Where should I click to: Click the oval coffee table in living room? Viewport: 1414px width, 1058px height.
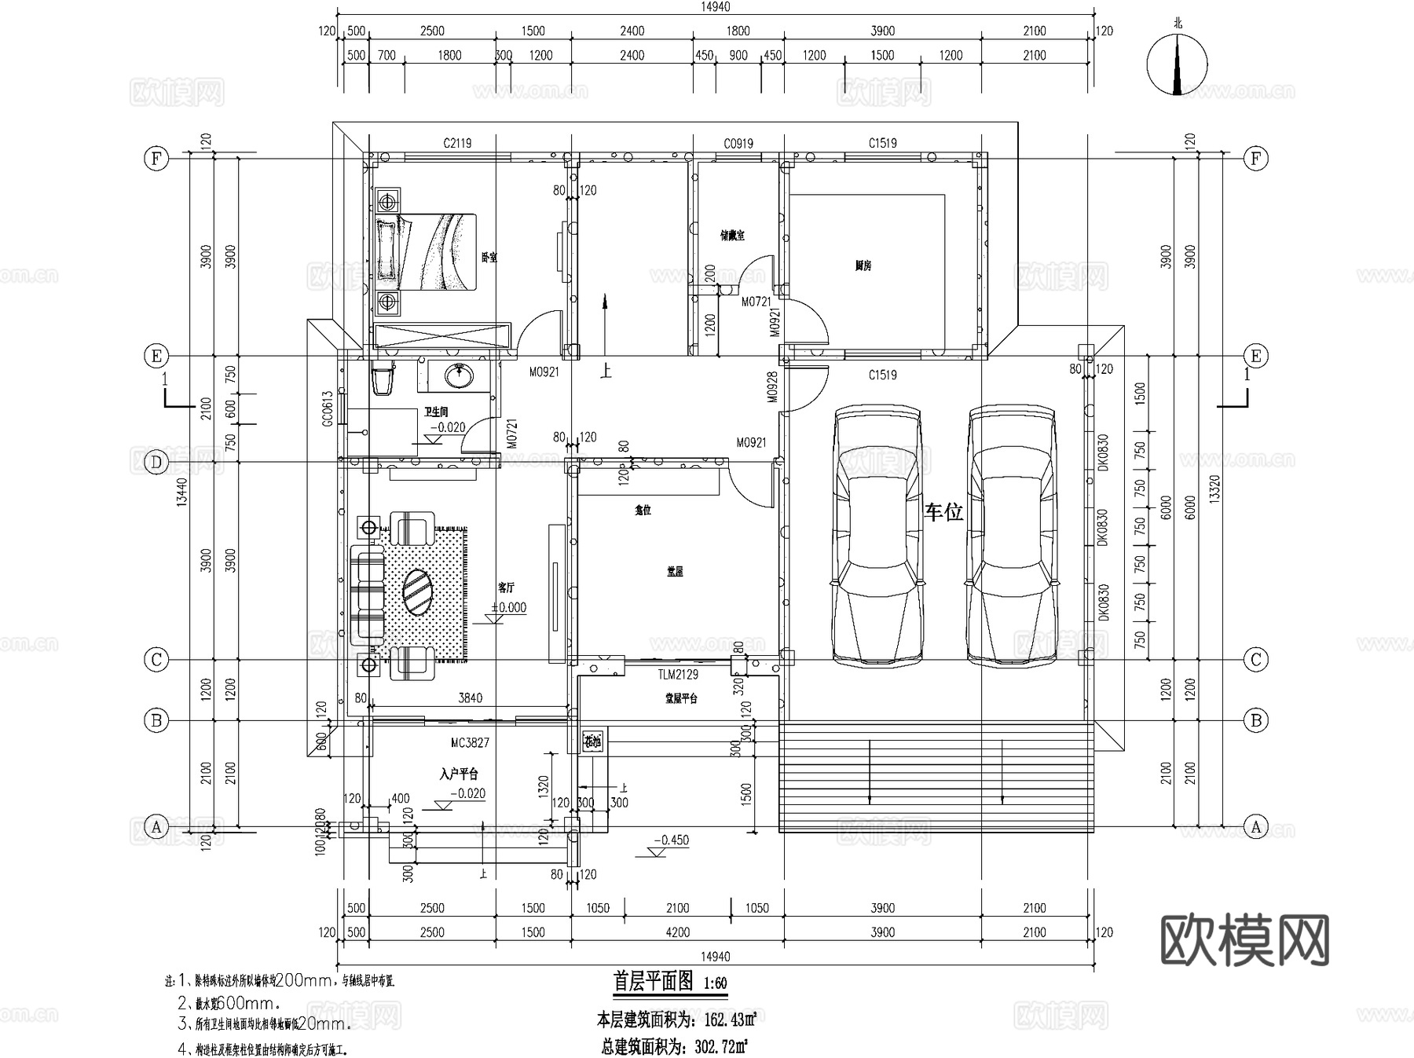417,593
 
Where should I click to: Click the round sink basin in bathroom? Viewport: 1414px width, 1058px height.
457,376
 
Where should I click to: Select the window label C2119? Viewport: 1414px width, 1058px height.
456,143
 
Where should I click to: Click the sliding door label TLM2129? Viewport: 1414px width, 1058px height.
678,674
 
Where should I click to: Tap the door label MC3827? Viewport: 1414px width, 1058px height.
470,742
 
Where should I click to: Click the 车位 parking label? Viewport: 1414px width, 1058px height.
943,513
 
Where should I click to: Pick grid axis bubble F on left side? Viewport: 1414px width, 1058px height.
156,159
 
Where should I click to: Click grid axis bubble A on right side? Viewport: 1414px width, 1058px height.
1255,826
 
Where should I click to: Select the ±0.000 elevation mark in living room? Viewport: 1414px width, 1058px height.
508,607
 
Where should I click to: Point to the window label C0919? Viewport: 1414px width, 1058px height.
738,143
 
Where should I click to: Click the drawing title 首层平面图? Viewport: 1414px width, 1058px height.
653,981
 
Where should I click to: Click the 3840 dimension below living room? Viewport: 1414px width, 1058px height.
470,697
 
